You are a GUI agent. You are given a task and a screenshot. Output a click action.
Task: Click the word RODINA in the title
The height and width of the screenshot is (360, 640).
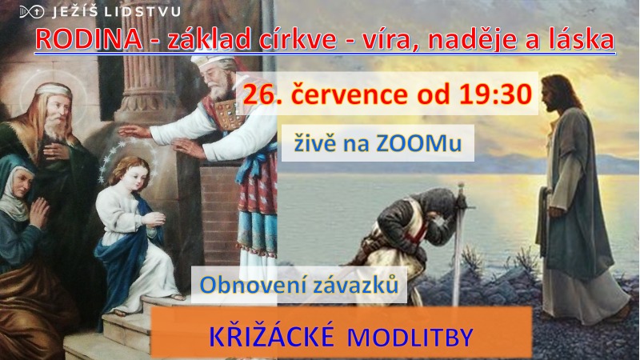click(x=89, y=39)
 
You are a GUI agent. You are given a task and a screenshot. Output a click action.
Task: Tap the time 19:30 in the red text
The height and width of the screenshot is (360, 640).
click(x=495, y=94)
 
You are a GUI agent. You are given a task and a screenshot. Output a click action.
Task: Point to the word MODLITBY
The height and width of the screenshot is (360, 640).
click(x=410, y=338)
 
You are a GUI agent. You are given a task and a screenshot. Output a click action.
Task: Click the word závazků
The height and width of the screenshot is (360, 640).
click(x=354, y=285)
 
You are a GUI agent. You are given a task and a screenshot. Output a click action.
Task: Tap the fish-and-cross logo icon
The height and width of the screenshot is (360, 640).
click(x=31, y=11)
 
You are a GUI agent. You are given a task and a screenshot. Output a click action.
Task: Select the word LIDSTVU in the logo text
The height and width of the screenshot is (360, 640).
click(x=142, y=11)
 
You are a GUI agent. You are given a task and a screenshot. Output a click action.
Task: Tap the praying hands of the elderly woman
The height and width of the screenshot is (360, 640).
click(x=39, y=212)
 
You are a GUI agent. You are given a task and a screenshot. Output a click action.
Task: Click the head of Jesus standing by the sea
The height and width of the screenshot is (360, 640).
click(x=556, y=94)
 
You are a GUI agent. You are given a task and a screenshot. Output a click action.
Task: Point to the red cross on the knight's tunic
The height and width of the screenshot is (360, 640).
click(x=418, y=230)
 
